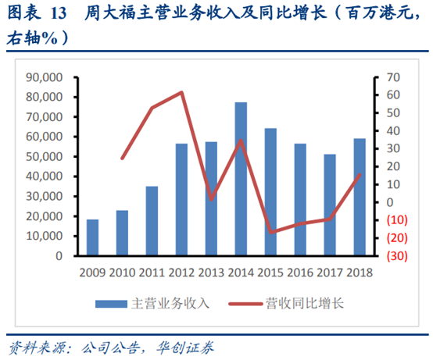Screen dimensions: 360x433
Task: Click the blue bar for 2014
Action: click(x=241, y=179)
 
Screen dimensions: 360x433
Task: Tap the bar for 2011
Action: click(x=152, y=221)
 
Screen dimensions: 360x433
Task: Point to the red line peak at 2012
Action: click(x=181, y=92)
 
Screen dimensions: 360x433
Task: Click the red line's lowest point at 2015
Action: click(x=270, y=232)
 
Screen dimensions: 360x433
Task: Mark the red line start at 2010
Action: click(x=122, y=159)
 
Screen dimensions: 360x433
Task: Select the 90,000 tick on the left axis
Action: click(x=45, y=77)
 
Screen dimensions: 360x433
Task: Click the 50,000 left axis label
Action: click(x=45, y=156)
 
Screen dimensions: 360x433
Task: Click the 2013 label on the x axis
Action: click(x=211, y=272)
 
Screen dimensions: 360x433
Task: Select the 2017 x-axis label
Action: click(x=330, y=272)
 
